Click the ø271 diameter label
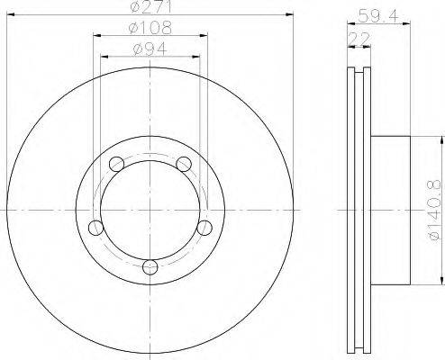pos(150,6)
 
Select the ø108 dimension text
pos(150,28)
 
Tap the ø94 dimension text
pos(150,49)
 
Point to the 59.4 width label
pos(378,16)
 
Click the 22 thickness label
pos(359,39)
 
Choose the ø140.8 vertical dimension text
pos(436,210)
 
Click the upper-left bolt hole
pos(116,164)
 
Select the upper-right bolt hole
pos(184,164)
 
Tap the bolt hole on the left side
pos(96,228)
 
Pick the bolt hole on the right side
pos(204,228)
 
